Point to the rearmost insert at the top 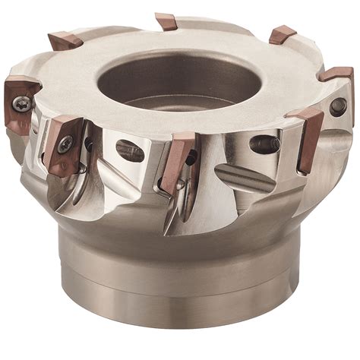point(166,21)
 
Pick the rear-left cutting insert point(65,40)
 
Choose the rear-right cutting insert point(283,34)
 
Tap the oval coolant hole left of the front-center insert point(130,150)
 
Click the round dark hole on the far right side point(337,107)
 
